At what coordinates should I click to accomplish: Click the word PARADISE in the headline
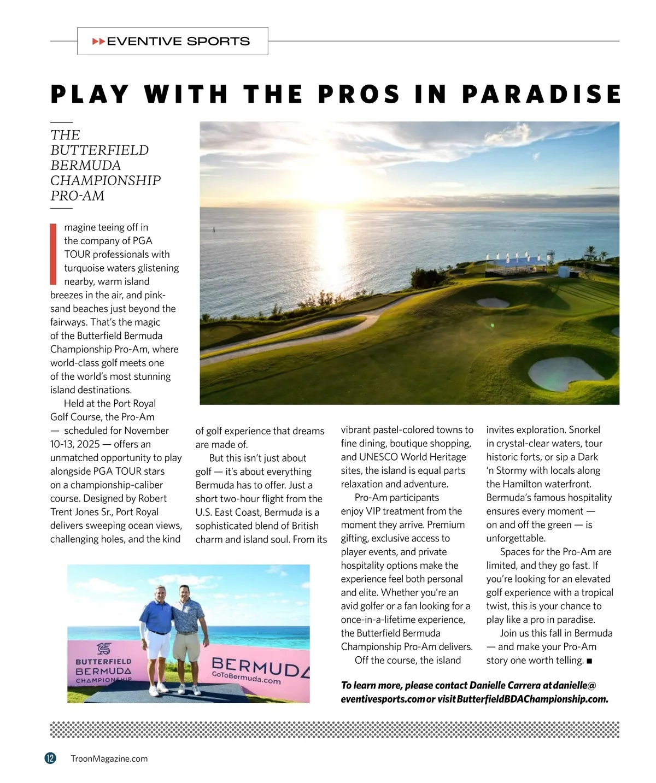[x=541, y=94]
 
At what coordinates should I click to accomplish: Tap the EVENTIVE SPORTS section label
[x=178, y=42]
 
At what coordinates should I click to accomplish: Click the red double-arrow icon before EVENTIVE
[x=98, y=42]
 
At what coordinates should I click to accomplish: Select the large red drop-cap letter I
[x=53, y=254]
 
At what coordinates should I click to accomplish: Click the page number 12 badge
[x=50, y=758]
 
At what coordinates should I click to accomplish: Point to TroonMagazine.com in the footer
[x=109, y=758]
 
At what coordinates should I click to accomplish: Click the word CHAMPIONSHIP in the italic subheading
[x=106, y=180]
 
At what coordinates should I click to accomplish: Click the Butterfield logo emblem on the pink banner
[x=104, y=649]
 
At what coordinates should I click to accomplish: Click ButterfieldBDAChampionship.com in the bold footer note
[x=532, y=699]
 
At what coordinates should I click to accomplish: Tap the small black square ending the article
[x=589, y=661]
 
